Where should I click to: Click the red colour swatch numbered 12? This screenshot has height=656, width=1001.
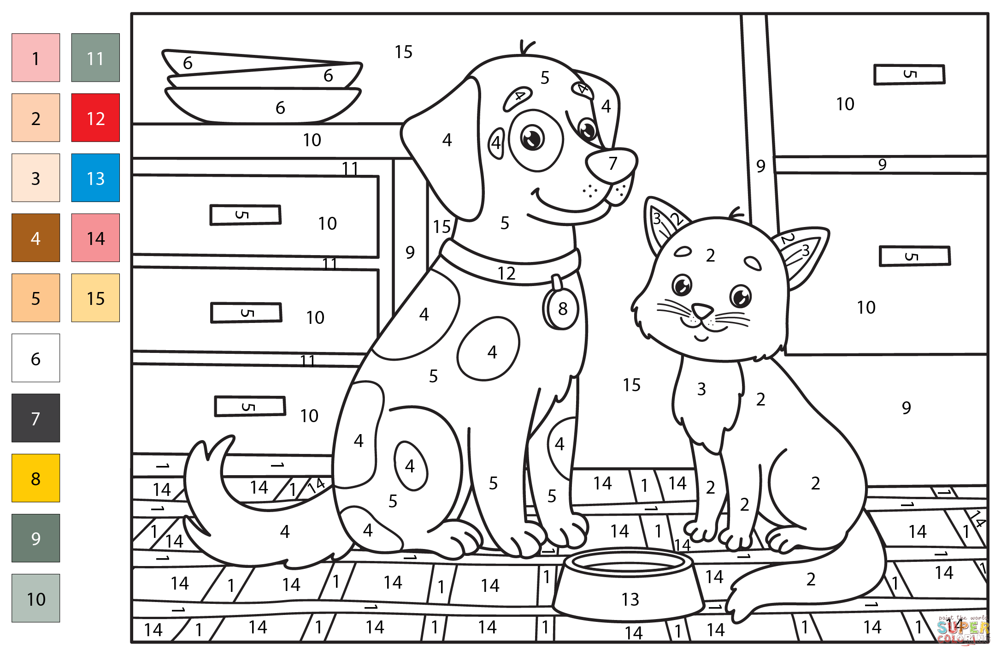(x=95, y=118)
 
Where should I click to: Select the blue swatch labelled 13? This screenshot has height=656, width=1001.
(x=95, y=178)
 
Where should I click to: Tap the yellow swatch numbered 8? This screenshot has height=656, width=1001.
(x=35, y=478)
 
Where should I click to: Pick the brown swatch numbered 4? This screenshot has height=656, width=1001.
(x=35, y=238)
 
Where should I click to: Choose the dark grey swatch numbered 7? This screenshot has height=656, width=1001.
(x=35, y=418)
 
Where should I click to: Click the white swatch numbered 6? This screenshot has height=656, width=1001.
(x=35, y=358)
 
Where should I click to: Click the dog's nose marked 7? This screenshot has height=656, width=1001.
(x=611, y=164)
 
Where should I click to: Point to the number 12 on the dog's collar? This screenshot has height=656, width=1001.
(x=506, y=274)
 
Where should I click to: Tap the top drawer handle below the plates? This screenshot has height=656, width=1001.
(x=245, y=215)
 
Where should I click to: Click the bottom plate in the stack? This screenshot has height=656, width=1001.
(x=263, y=106)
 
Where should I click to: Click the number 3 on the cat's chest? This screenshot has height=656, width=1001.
(x=701, y=389)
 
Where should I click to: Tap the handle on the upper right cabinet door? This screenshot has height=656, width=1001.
(x=909, y=74)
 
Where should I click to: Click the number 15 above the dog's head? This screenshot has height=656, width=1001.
(x=403, y=52)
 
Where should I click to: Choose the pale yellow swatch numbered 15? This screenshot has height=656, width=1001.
(x=95, y=298)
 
